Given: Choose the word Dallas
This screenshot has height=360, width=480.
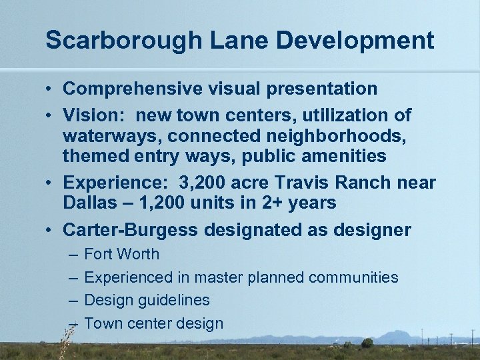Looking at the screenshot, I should coord(87,203).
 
